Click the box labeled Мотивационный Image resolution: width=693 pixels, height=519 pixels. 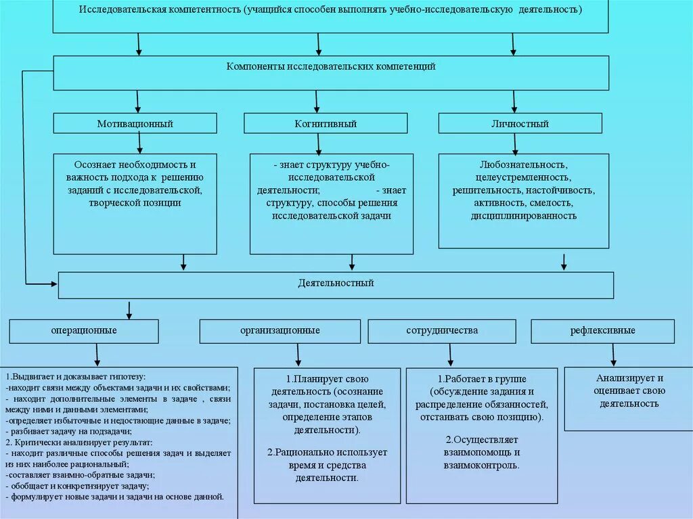coord(135,124)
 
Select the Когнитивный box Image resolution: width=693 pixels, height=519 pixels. coord(326,124)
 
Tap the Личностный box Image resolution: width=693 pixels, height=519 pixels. coord(520,124)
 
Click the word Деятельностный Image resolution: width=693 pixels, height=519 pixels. coord(336,283)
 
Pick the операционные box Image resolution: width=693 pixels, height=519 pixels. coord(84,331)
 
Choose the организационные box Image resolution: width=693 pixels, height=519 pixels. coord(280,331)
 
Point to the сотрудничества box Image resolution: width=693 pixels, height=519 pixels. coord(442,331)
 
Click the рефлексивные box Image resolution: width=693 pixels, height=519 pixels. coord(602,331)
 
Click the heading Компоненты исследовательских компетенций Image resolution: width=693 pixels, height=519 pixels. coord(331,67)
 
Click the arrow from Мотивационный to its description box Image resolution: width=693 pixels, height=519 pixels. coord(140,143)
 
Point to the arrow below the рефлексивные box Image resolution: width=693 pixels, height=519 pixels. coord(613,355)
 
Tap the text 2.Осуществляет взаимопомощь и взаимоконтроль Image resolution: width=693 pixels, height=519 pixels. coord(482,452)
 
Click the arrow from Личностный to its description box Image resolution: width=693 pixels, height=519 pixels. coord(515,143)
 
